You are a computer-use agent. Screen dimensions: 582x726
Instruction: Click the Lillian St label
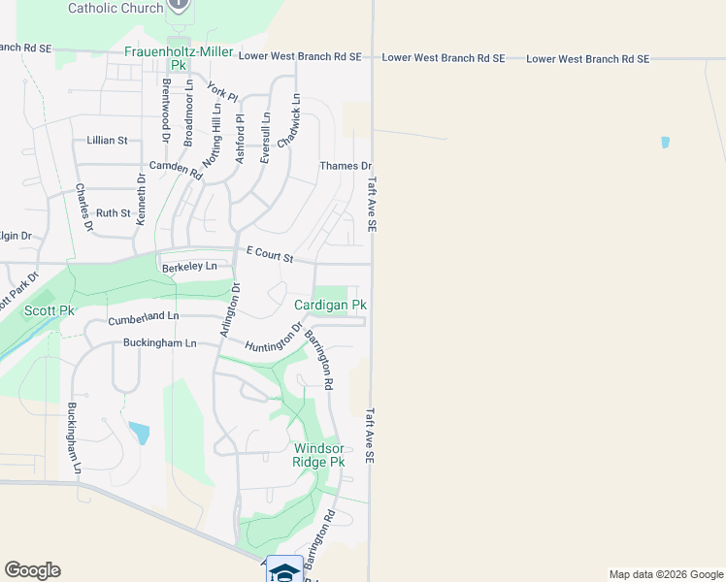[x=107, y=141]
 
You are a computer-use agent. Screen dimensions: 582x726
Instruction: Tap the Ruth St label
[x=113, y=213]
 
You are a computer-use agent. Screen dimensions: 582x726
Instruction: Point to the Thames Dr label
[x=346, y=167]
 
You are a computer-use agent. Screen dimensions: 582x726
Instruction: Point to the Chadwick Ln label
[x=288, y=120]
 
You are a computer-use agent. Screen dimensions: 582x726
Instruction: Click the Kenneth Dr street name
[x=141, y=200]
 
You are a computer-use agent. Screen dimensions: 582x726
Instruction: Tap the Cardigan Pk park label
[x=330, y=305]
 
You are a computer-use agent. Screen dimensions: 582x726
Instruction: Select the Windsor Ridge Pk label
[x=318, y=455]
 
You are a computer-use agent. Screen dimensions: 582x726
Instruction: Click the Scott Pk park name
[x=49, y=310]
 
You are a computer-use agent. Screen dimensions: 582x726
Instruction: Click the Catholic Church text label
[x=115, y=8]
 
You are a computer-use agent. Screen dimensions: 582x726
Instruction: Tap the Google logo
[x=32, y=570]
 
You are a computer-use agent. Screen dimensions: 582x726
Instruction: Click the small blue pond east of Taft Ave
[x=665, y=143]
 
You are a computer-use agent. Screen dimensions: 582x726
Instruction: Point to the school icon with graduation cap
[x=284, y=570]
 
